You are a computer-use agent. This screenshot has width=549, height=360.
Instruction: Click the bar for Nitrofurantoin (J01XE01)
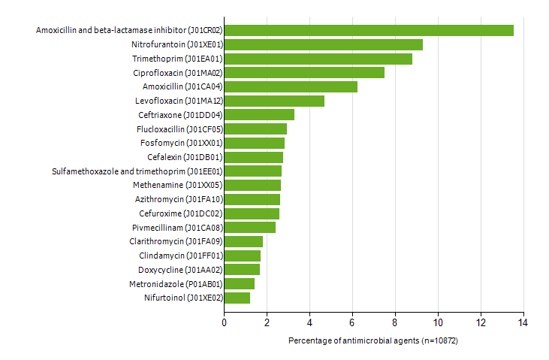coord(323,44)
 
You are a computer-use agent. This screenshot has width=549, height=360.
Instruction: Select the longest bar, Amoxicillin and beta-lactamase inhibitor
coord(369,30)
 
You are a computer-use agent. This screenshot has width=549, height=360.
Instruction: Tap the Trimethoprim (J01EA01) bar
coord(318,59)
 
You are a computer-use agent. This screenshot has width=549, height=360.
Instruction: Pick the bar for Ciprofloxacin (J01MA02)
coord(304,72)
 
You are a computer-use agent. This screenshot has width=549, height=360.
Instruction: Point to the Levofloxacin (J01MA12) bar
coord(274,101)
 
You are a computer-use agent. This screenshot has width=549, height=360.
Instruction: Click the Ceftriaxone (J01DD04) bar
coord(259,115)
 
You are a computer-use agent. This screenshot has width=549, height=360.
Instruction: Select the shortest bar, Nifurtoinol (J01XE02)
coord(237,298)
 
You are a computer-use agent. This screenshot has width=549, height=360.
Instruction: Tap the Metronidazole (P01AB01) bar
coord(239,283)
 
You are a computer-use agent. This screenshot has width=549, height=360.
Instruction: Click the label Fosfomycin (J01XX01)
coord(180,143)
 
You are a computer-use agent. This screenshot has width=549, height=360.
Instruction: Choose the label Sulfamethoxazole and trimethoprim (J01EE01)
coord(137,171)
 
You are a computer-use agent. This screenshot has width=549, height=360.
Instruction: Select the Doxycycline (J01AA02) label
coord(179,270)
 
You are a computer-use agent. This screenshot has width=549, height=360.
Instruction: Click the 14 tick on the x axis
coord(522,322)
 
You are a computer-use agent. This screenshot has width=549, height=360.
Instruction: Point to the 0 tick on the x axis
coord(224,322)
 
